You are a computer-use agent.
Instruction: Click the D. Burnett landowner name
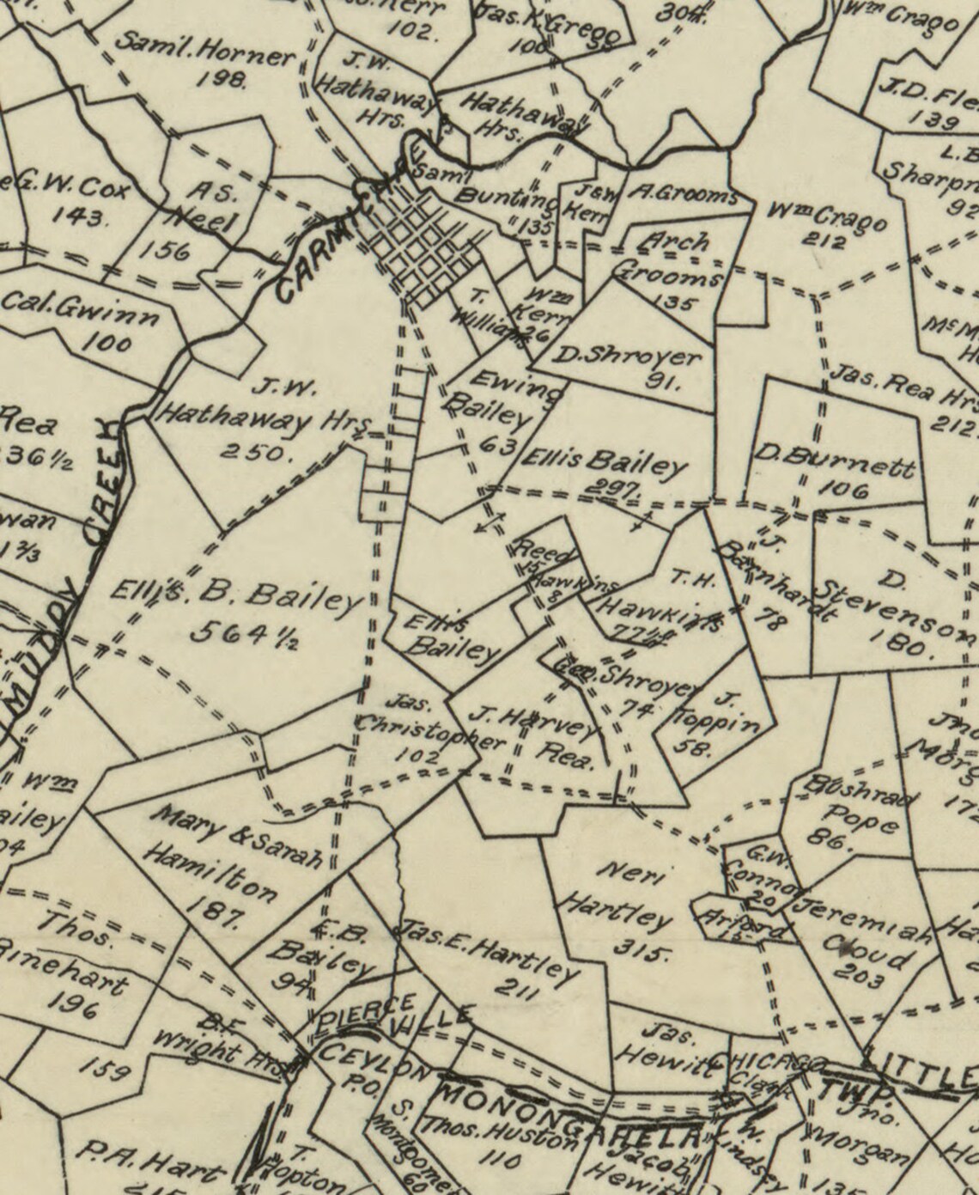click(833, 461)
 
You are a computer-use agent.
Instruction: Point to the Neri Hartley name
click(617, 896)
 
